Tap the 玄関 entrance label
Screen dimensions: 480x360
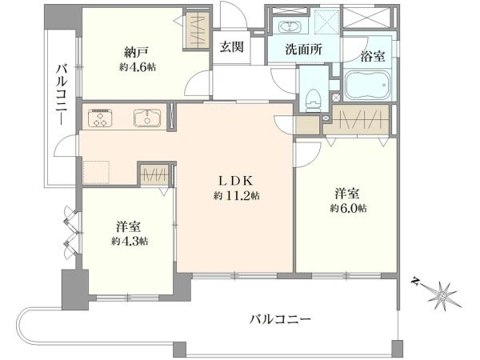point(232,47)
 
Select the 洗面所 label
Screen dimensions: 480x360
point(303,49)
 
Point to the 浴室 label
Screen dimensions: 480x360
point(372,56)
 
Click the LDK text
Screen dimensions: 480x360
point(235,181)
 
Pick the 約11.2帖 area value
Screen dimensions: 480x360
point(237,195)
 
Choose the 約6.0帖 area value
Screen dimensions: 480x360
point(348,208)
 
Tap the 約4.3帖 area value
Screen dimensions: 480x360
point(130,242)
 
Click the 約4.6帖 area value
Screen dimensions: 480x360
point(138,66)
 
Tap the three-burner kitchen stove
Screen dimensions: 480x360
point(100,118)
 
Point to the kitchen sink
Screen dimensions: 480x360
point(147,118)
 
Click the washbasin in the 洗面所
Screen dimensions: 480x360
point(290,26)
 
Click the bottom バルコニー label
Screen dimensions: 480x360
point(280,320)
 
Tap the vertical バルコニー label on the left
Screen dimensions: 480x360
point(62,94)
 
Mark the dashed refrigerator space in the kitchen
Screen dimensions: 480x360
point(97,172)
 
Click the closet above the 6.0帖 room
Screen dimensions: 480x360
point(358,120)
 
